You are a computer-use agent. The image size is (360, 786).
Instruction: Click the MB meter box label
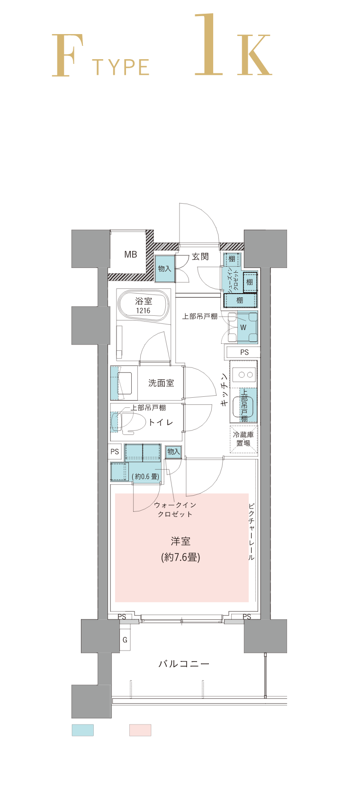pyautogui.click(x=131, y=254)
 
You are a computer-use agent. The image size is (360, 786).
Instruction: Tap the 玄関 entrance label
pyautogui.click(x=200, y=257)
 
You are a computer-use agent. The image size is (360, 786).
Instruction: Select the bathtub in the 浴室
pyautogui.click(x=144, y=305)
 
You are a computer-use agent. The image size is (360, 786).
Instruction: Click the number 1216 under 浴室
pyautogui.click(x=143, y=311)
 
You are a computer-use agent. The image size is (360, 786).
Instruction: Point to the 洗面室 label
pyautogui.click(x=161, y=383)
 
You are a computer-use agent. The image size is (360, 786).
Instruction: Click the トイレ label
pyautogui.click(x=161, y=422)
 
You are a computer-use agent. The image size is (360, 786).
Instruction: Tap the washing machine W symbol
pyautogui.click(x=243, y=327)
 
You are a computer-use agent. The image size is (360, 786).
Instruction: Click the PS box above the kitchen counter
pyautogui.click(x=244, y=352)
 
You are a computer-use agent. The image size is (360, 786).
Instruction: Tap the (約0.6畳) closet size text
pyautogui.click(x=145, y=476)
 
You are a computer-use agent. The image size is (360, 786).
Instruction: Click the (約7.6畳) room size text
pyautogui.click(x=180, y=557)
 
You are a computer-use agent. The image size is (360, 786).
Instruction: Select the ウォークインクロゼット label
pyautogui.click(x=175, y=509)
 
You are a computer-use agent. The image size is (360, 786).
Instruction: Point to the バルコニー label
pyautogui.click(x=184, y=663)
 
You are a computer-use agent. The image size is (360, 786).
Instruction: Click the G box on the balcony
pyautogui.click(x=125, y=640)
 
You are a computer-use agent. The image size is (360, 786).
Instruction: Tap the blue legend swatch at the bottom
pyautogui.click(x=83, y=730)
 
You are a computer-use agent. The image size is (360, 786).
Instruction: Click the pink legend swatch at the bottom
pyautogui.click(x=140, y=730)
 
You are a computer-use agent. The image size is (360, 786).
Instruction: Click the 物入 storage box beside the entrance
pyautogui.click(x=164, y=269)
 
